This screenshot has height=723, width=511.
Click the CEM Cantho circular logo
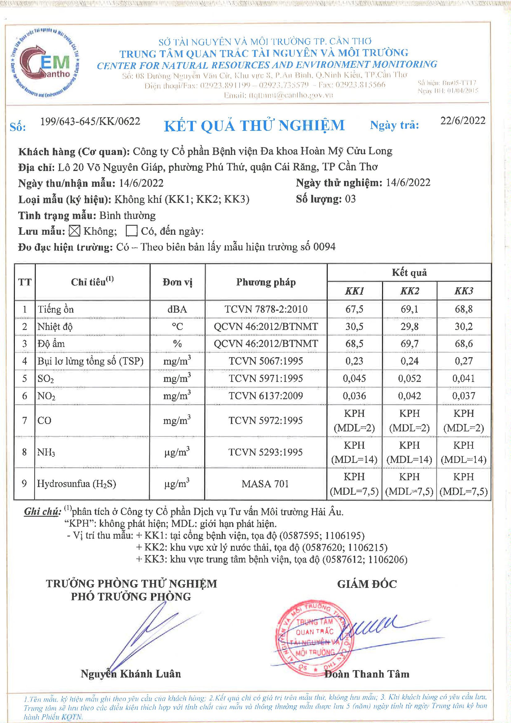point(45,62)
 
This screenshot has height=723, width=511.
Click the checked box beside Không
point(75,231)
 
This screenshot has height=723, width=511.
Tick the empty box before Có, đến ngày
point(131,231)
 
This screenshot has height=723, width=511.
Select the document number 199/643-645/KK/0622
point(90,121)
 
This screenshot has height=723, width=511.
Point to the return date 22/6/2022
point(462,121)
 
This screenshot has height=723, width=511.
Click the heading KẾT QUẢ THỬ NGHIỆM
point(254,126)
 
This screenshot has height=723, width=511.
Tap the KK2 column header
point(409,291)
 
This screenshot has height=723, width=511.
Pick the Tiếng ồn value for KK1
point(354,309)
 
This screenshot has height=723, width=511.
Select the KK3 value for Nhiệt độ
point(463,327)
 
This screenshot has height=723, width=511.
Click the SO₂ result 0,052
point(409,379)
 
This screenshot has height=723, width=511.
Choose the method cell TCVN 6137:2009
point(266,396)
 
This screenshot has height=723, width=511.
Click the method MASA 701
point(265,484)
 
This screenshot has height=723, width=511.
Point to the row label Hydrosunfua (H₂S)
point(76,484)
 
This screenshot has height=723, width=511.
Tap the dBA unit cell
point(177,309)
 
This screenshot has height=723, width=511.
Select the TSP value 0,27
point(463,361)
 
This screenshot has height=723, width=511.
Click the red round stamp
point(313,637)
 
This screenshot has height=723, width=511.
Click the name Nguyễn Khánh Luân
point(131,674)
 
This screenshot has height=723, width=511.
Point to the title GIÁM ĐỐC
point(367,584)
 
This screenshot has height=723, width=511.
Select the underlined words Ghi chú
point(42,511)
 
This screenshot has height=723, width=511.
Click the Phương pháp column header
point(266,282)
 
